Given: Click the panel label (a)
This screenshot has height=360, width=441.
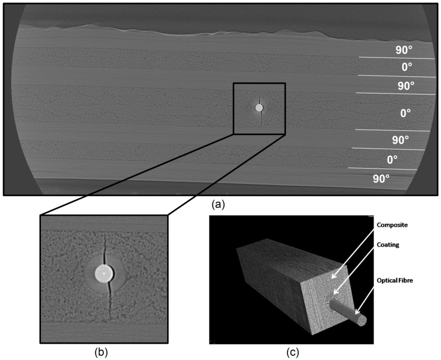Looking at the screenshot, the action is coord(217,204).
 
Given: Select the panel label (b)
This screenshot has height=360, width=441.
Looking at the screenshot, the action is coord(102,352).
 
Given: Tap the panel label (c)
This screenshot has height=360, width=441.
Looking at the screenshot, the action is coord(292,352).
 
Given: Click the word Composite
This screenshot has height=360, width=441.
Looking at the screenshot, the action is coord(392,225).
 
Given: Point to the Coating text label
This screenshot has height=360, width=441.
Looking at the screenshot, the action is coord(388,244).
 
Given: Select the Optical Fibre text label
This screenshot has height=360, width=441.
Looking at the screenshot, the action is coord(394,280).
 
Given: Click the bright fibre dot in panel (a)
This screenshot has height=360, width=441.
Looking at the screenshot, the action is coord(259,108).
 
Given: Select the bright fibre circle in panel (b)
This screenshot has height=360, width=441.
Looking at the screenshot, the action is coord(104,273).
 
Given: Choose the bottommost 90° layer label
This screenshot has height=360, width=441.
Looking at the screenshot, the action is coord(381,178).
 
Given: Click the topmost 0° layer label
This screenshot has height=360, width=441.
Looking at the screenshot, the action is coord(407,67).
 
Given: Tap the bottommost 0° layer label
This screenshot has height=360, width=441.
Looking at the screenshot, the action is coord(391,160).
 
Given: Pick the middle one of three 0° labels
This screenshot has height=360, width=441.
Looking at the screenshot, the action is coord(405,113).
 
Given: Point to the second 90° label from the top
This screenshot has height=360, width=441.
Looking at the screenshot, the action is coord(406,86).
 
